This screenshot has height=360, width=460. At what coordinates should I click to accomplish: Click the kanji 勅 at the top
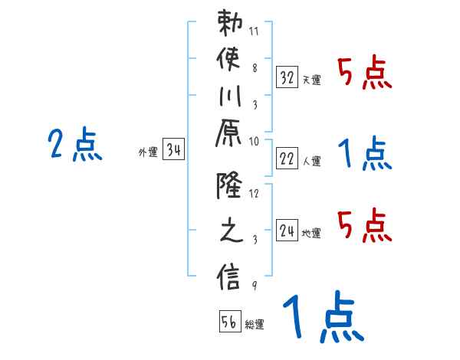pos(231,24)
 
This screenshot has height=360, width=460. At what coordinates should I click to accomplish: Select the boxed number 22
pos(287,158)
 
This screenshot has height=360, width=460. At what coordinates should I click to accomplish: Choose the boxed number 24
pos(287,230)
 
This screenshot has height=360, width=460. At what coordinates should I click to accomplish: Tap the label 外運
pos(148,152)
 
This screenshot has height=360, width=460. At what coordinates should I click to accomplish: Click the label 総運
pos(255,325)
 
